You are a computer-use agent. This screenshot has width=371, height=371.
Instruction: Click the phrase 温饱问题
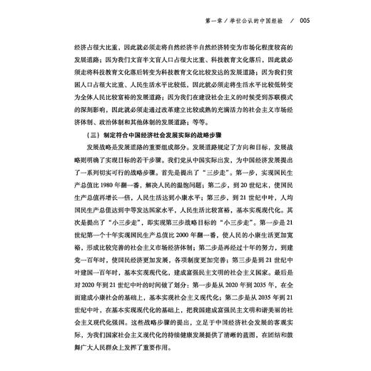239,193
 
